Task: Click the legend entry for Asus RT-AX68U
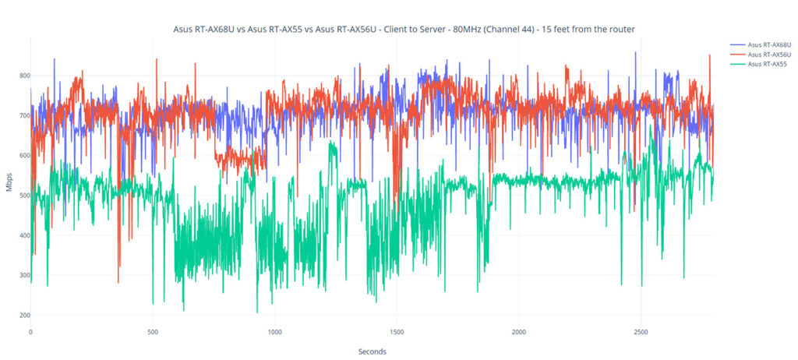[767, 45]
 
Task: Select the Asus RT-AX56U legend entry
[767, 55]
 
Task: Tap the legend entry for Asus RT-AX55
[764, 64]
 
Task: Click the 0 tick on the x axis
[30, 333]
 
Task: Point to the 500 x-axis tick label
[153, 333]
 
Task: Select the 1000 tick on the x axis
[274, 333]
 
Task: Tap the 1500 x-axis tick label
[397, 333]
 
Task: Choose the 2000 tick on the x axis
[519, 333]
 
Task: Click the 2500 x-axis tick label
[641, 333]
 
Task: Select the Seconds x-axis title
[372, 351]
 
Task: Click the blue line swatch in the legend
[737, 45]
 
